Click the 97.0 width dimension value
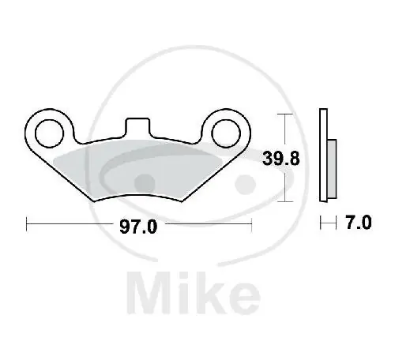pos(138,227)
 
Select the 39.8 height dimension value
pos(281,159)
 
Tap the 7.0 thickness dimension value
pos(359,223)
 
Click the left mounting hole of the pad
pos(50,133)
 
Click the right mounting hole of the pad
pos(226,133)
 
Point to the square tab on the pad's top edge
pos(137,127)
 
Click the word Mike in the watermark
pos(194,293)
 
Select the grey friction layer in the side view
pos(332,169)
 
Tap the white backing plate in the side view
pos(323,155)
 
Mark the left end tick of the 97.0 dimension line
pos(27,224)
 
